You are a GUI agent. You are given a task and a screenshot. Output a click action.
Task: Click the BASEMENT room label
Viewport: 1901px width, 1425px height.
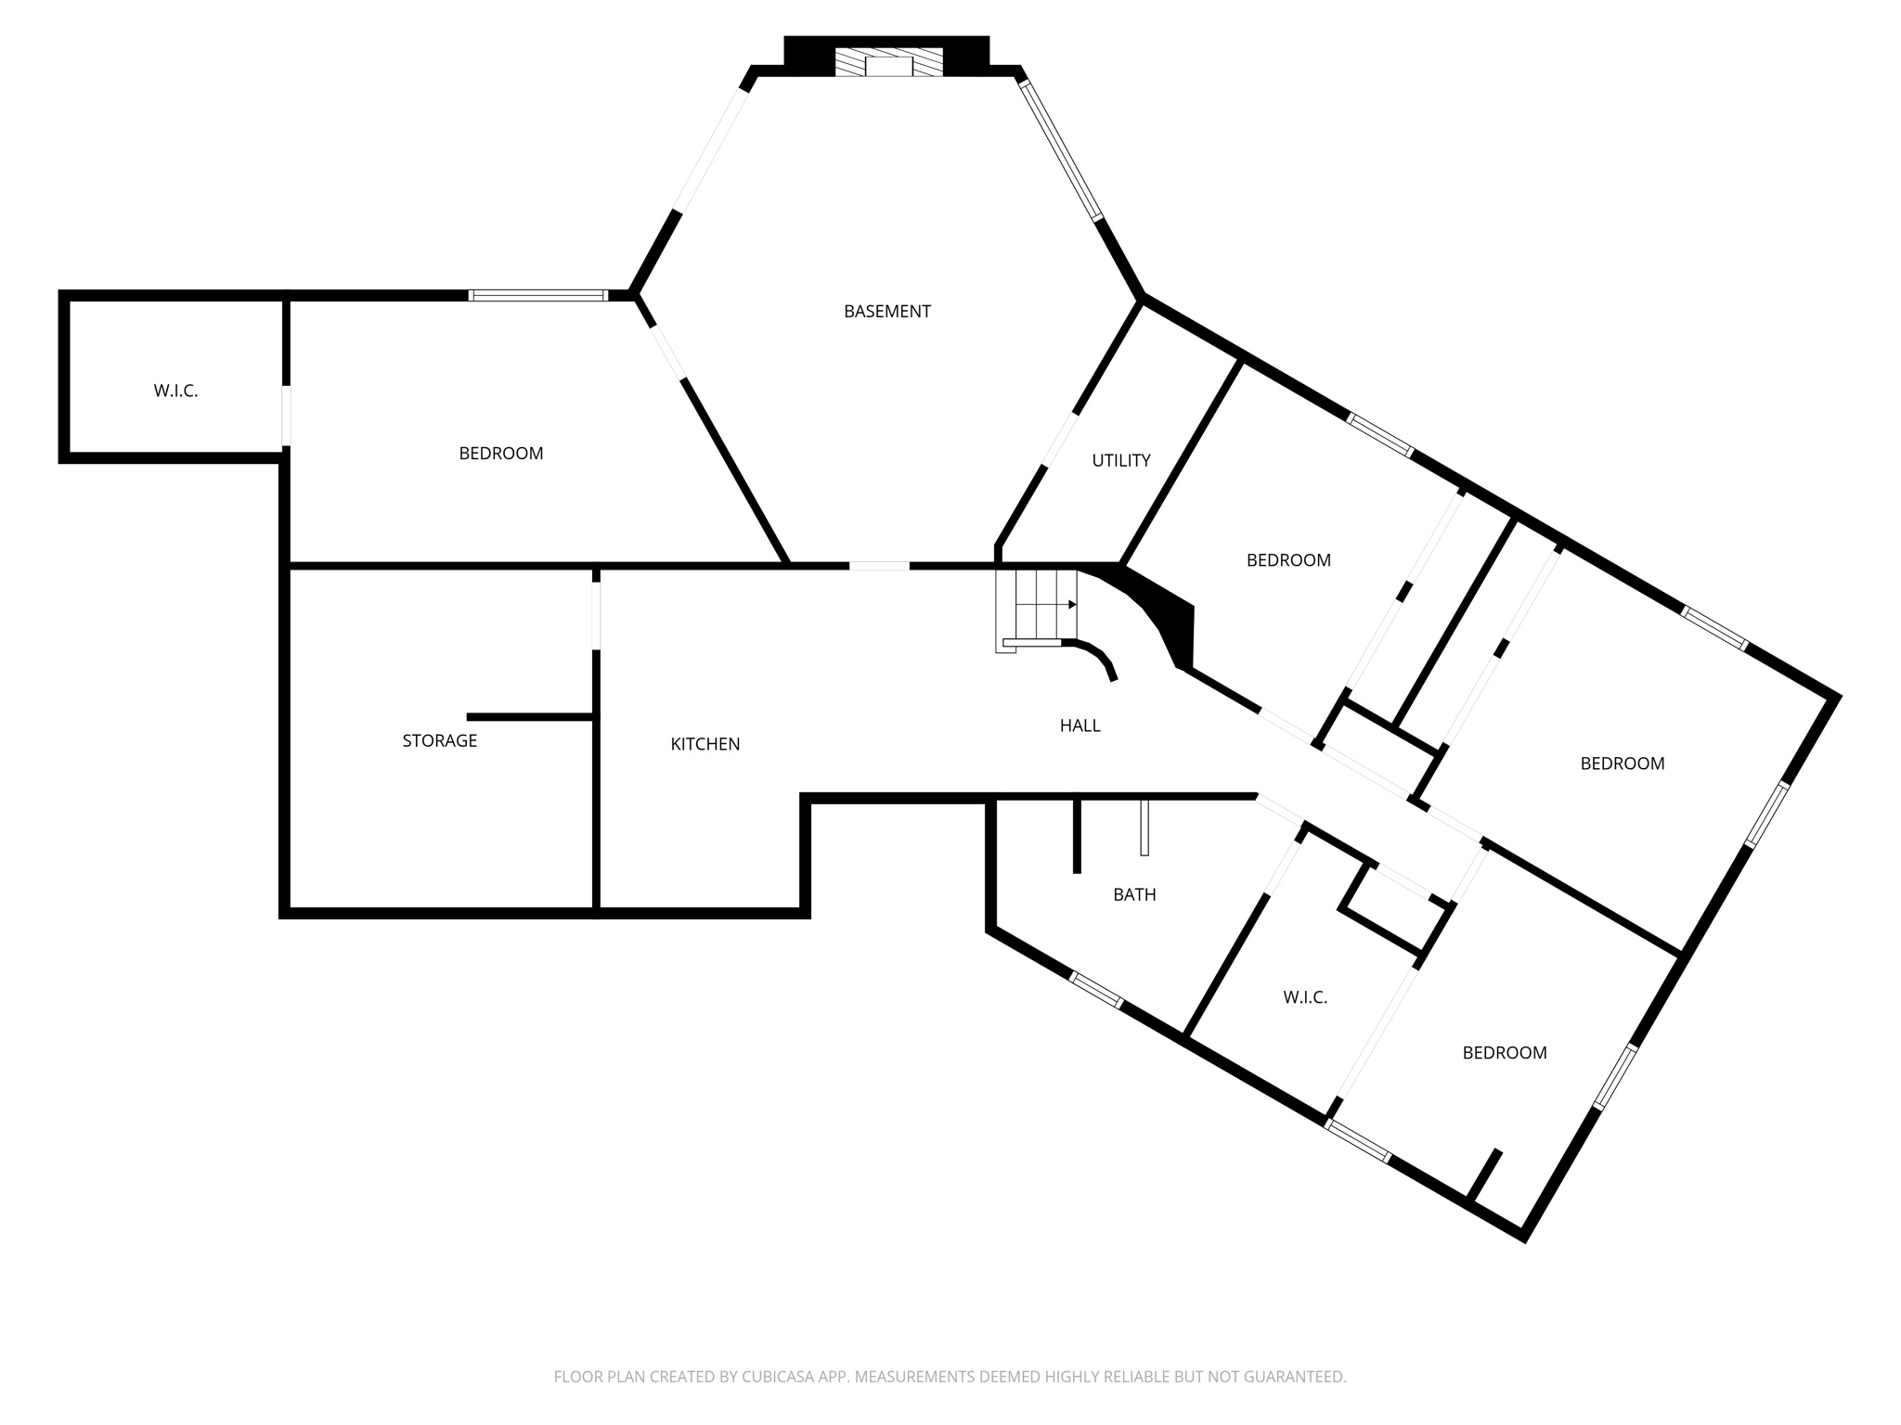(886, 312)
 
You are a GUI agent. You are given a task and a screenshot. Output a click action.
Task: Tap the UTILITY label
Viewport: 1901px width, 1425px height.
(1120, 460)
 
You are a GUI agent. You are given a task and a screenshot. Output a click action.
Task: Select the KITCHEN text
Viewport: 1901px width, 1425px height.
(705, 744)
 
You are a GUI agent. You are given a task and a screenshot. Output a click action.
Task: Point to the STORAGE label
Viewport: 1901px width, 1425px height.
(439, 740)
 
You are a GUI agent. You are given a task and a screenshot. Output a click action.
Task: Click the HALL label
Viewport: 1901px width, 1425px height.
(1080, 725)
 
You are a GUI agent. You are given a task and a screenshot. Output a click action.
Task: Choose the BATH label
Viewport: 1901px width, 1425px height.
(1134, 894)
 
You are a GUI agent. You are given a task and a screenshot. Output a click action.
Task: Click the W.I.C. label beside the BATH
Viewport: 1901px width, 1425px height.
(1305, 997)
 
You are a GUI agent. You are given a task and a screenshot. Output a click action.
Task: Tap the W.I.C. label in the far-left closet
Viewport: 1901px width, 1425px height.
(175, 391)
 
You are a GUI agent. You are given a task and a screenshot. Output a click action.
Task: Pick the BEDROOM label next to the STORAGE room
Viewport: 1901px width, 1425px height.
(500, 453)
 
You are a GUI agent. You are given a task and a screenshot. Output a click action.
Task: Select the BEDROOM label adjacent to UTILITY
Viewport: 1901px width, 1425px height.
(1288, 560)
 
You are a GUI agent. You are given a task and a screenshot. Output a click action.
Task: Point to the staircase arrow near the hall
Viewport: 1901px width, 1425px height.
(1071, 605)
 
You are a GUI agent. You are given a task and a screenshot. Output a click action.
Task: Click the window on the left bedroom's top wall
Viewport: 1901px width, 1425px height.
(537, 295)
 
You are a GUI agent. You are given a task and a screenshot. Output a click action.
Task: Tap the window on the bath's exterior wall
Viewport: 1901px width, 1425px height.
(1095, 988)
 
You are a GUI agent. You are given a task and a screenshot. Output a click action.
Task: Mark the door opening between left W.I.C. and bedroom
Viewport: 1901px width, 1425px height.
(286, 416)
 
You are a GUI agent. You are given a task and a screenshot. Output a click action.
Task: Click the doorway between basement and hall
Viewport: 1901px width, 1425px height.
(879, 565)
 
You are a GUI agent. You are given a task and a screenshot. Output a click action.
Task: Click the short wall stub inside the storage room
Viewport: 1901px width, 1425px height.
(529, 717)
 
